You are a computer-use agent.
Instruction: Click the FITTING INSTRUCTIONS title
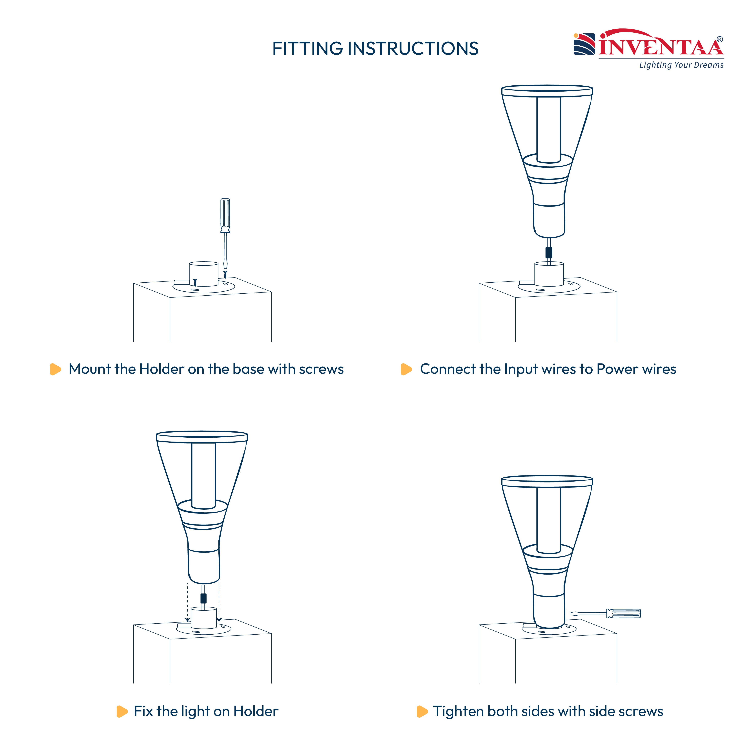(x=375, y=49)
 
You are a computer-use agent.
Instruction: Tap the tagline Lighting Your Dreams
(x=681, y=65)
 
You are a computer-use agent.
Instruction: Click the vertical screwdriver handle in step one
(x=225, y=215)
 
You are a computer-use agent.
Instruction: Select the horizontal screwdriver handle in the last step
(x=623, y=613)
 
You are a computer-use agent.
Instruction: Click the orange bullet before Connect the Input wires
(x=406, y=369)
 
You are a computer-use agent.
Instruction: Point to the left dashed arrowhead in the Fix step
(x=187, y=620)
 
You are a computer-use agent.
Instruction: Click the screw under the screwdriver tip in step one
(x=225, y=274)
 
